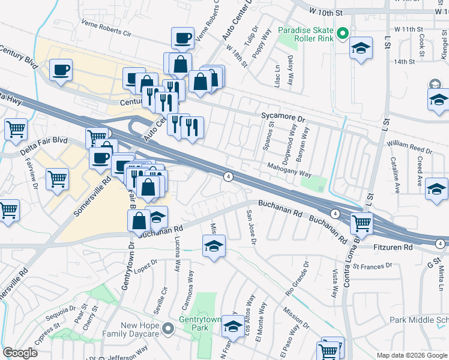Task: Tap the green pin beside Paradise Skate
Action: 342,34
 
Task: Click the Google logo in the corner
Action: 20,353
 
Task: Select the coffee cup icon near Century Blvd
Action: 61,70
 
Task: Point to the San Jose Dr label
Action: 252,226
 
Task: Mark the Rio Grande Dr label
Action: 298,274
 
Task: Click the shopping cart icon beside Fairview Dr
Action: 58,178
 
